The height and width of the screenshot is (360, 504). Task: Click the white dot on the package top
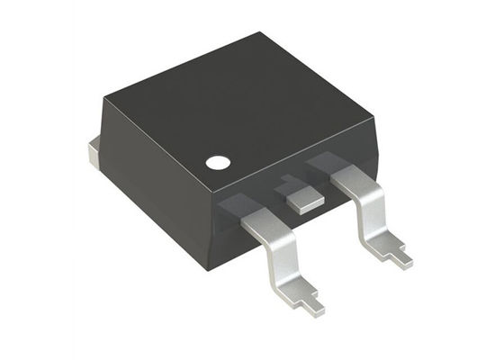[217, 163]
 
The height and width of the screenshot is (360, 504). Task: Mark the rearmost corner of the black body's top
[261, 34]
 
